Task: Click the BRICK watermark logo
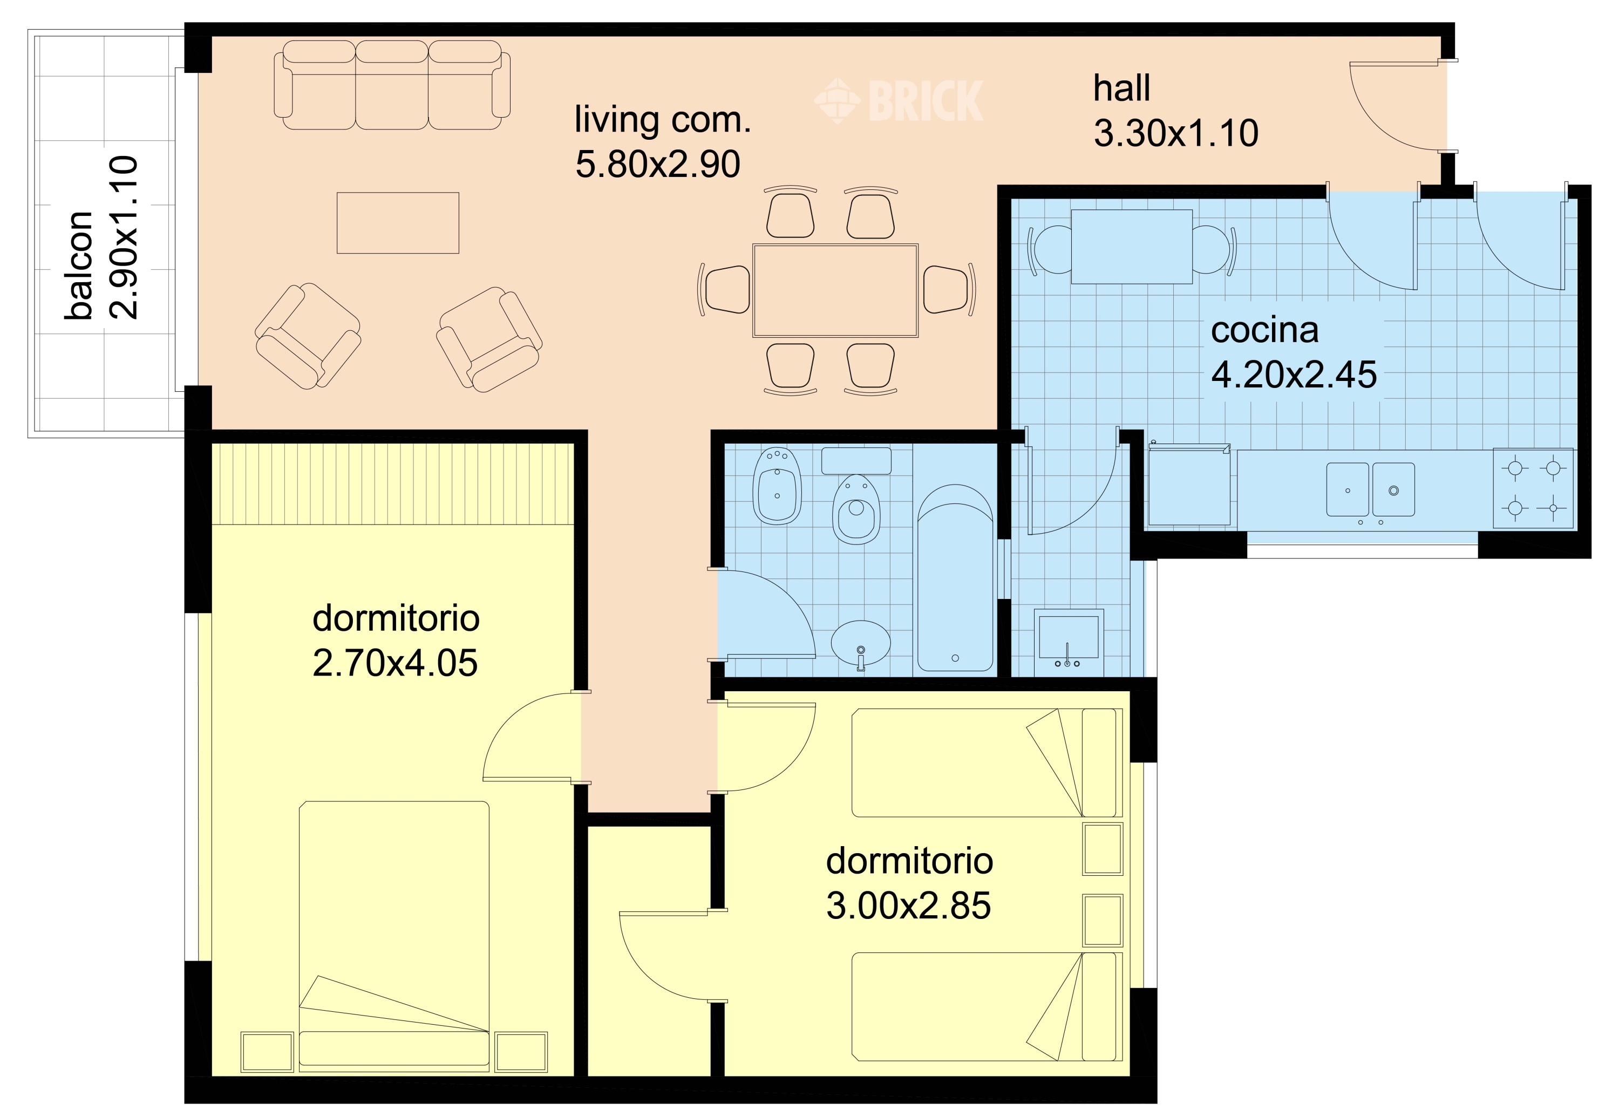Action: [899, 101]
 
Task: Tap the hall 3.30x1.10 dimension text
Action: [1176, 133]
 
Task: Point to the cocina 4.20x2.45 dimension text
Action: [1294, 374]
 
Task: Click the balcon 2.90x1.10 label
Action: [101, 237]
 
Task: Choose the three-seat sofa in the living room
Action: [392, 85]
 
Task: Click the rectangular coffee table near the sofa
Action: [398, 222]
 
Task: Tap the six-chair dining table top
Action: [835, 290]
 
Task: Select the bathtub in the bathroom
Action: [955, 577]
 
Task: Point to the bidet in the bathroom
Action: [777, 486]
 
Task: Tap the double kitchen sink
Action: [1370, 489]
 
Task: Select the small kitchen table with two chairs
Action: [1132, 247]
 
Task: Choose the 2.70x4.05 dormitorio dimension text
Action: [395, 663]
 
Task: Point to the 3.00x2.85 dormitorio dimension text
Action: [909, 905]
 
